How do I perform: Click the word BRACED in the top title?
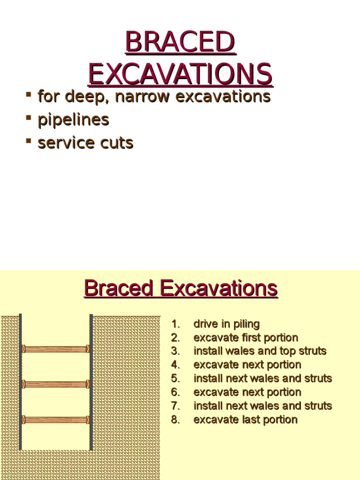coord(180,43)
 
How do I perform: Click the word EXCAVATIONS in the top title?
coord(180,74)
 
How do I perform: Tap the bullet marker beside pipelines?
coord(29,117)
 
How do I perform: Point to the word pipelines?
coord(73,120)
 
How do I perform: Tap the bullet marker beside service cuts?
coord(29,140)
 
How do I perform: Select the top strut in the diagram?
coord(56,349)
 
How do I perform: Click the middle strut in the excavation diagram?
coord(56,384)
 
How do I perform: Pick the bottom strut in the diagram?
coord(56,420)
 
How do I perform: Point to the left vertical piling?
coord(21,382)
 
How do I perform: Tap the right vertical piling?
coord(91,382)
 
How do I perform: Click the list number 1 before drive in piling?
coord(175,324)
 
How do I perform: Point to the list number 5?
coord(175,379)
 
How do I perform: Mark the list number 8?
coord(175,420)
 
